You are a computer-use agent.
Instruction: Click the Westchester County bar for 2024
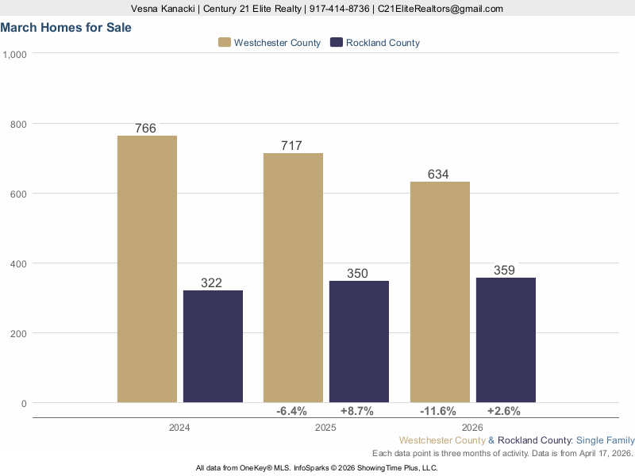coord(147,269)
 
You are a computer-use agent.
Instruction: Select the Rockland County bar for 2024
coord(213,346)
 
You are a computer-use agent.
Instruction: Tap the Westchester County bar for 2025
coord(293,278)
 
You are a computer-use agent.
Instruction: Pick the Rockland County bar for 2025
coord(359,341)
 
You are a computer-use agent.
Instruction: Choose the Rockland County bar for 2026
coord(506,340)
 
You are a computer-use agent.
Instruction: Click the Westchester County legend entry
coord(270,43)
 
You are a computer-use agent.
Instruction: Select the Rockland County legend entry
coord(375,43)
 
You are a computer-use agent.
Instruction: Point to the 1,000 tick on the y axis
coord(16,54)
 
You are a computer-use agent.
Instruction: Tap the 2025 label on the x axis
coord(325,428)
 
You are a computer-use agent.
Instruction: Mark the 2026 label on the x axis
coord(471,428)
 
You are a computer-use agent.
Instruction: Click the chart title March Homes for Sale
coord(66,27)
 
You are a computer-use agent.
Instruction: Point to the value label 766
coord(145,128)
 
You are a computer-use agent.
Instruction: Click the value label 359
coord(504,270)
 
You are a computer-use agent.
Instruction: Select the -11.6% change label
coord(438,411)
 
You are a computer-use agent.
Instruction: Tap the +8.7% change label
coord(357,411)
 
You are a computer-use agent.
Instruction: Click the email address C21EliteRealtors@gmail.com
coord(441,9)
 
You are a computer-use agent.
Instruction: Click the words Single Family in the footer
coord(606,440)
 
